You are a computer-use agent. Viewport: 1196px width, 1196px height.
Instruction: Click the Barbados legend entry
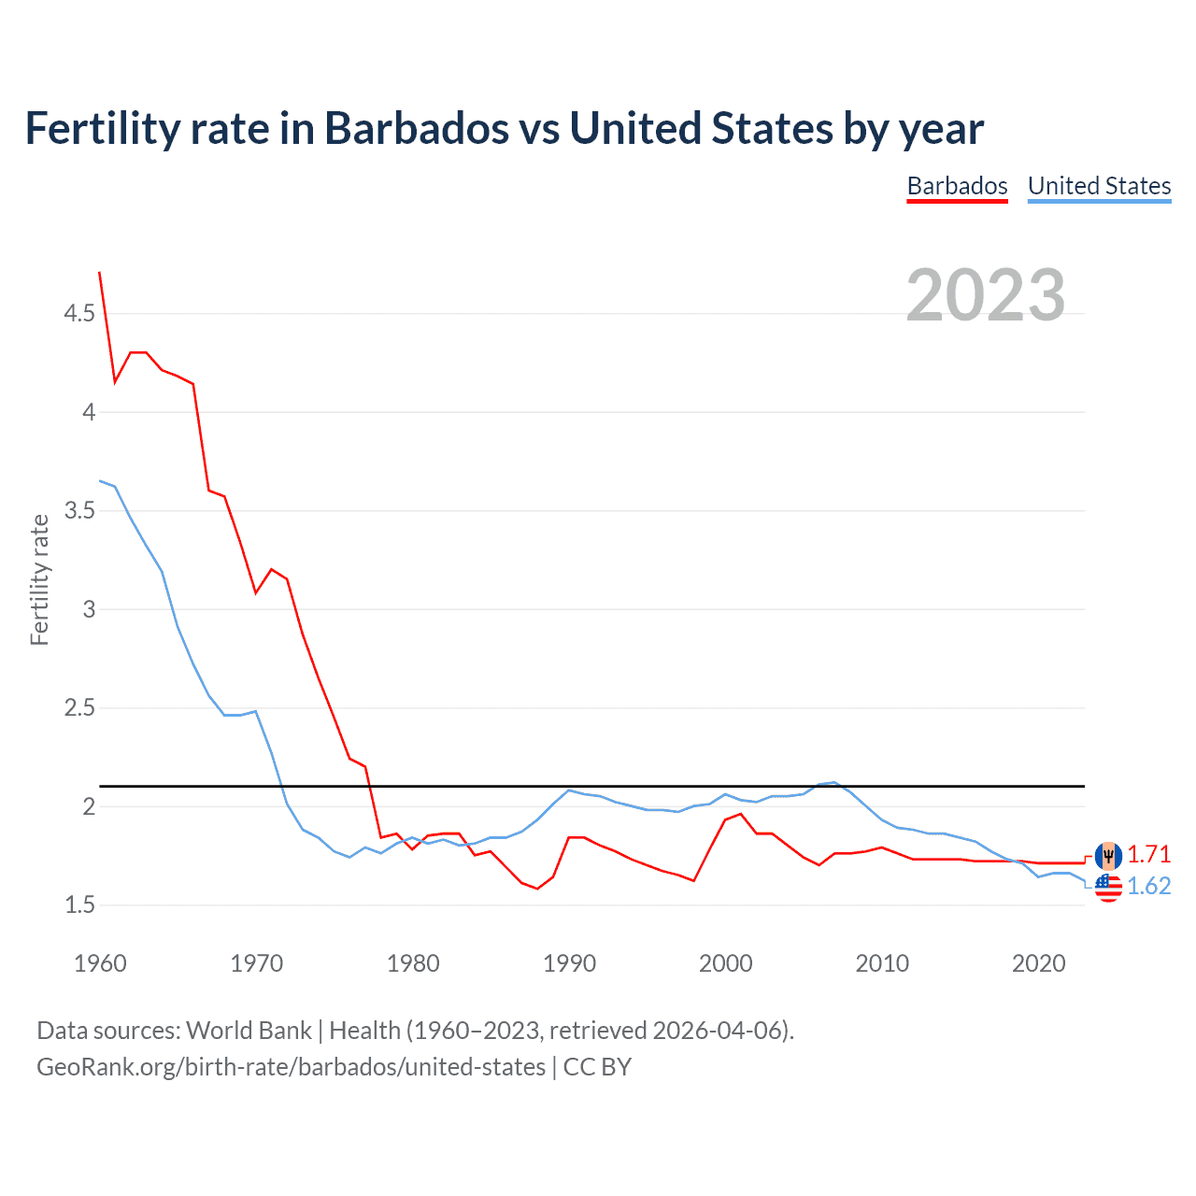957,186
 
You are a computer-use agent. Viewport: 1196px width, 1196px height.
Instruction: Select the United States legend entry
1099,186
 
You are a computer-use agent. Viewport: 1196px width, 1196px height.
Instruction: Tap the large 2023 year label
985,295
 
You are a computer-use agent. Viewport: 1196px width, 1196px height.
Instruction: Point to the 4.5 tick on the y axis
79,313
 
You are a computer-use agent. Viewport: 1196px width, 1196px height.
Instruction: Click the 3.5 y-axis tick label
79,510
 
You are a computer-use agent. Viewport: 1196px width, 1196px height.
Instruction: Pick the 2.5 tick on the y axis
79,707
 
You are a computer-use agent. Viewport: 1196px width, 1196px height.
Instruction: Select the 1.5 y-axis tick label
79,904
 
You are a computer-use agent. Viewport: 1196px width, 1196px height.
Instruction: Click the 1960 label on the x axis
100,963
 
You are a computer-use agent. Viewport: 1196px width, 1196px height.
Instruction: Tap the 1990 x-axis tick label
569,963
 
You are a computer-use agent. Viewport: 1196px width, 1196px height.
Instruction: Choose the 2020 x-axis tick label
1038,963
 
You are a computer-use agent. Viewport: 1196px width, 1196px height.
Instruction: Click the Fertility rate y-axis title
39,579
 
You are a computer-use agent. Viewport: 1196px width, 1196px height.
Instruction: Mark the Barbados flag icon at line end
1108,855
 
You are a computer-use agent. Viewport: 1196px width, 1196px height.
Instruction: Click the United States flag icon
1108,888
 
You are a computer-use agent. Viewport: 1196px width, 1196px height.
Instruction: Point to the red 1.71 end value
1148,854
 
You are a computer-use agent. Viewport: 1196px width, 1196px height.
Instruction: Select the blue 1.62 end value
1148,886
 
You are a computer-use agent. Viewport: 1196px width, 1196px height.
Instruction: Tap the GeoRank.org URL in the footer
291,1067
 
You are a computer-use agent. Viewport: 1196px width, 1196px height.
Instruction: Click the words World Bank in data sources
249,1031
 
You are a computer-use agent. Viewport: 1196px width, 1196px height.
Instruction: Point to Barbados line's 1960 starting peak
100,273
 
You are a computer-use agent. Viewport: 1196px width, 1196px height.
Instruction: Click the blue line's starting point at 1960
100,480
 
